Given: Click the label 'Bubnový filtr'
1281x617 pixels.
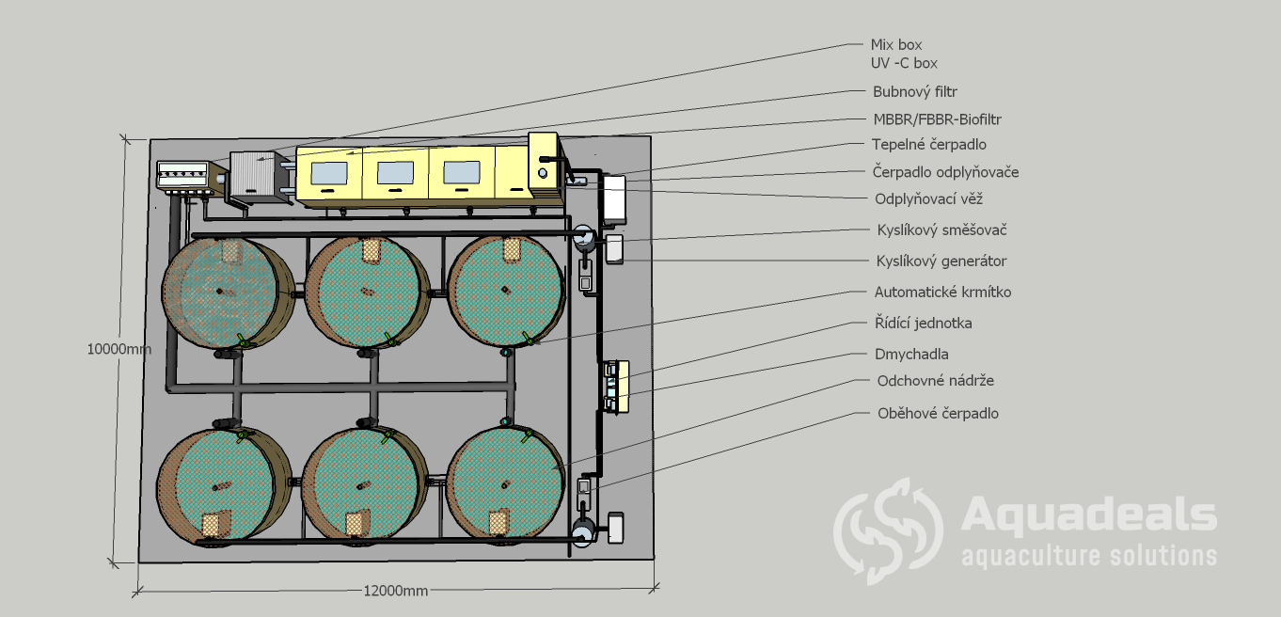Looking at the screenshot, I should pos(915,92).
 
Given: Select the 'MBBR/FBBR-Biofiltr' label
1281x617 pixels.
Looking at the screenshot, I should pos(931,119).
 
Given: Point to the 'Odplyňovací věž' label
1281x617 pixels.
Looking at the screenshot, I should pos(929,198).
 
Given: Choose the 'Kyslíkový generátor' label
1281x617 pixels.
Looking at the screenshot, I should pos(941,261).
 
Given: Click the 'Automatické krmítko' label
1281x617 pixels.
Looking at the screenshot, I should pos(942,292).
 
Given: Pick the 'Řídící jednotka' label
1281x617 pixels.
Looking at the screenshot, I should pos(923,323).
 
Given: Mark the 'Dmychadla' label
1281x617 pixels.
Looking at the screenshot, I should pos(911,354).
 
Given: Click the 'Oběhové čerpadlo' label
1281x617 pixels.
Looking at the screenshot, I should pos(938,413).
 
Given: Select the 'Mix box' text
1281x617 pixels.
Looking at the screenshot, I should pos(896,44).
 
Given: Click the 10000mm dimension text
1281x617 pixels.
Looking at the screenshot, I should pos(119,348).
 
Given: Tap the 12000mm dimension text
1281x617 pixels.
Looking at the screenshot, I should pos(395,591).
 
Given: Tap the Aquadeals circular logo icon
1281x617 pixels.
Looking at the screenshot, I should pos(888,530).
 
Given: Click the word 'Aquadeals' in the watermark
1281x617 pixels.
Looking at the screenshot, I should pos(1089,515).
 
